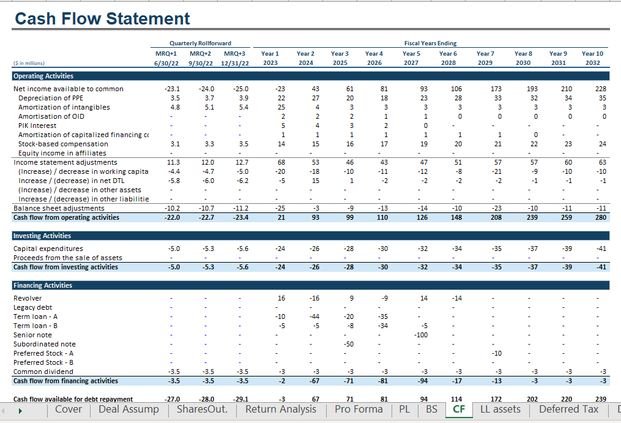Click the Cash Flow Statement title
102,18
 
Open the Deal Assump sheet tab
128,409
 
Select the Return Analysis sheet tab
281,409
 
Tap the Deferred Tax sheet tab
569,409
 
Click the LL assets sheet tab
500,409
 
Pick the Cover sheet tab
69,409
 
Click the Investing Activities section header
42,236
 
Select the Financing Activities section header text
43,285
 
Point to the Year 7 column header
485,53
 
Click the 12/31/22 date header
235,63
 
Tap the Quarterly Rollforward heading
201,43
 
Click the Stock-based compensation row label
63,144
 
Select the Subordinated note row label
44,344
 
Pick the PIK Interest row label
37,125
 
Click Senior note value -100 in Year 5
421,335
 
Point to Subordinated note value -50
349,344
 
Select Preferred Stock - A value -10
497,353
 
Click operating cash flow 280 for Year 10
601,217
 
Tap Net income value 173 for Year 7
496,89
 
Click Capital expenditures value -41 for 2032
601,249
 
